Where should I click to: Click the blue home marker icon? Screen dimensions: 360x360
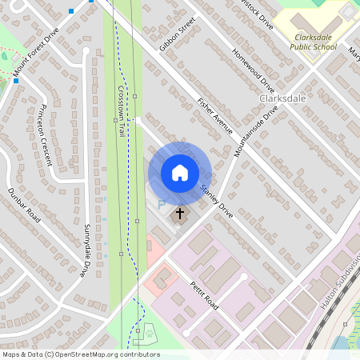(179, 173)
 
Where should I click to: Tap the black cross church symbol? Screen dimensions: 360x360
(180, 214)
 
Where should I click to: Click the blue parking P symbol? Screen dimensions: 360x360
(161, 205)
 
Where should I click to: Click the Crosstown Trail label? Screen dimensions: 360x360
(122, 110)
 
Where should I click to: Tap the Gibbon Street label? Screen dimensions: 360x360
(177, 36)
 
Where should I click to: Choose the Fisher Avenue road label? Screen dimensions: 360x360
(214, 115)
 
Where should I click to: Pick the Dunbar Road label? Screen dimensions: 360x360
(24, 204)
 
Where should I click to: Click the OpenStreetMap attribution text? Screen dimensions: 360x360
(80, 354)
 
